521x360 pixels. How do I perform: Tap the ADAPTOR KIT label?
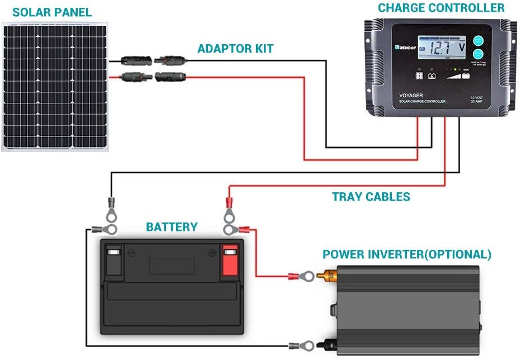tap(235, 49)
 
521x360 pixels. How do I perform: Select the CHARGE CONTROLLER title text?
tap(441, 8)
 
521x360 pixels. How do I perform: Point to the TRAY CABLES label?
tap(371, 197)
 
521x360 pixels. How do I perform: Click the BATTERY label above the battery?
tap(172, 227)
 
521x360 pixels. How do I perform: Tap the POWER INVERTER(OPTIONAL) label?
tap(407, 255)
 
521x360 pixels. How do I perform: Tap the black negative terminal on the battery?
tap(113, 260)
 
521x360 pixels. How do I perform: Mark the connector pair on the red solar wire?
tap(153, 76)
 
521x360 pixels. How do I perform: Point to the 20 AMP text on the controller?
tap(477, 101)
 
